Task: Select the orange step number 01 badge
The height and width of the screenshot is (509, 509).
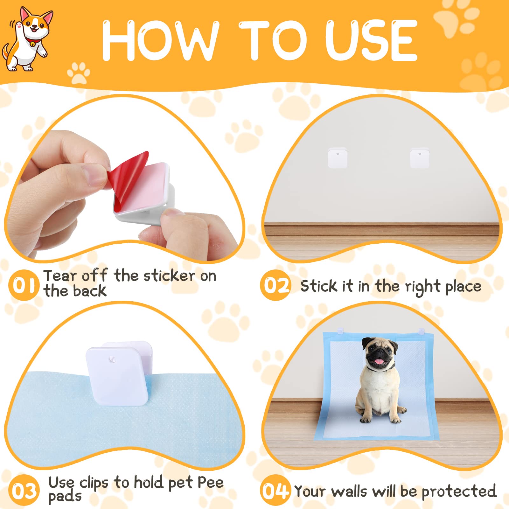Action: click(24, 285)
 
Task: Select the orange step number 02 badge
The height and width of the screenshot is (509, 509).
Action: click(275, 285)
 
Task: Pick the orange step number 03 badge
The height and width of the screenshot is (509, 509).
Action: click(24, 490)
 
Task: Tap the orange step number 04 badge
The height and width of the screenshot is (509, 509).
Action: click(275, 490)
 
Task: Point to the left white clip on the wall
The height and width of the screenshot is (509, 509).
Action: click(338, 157)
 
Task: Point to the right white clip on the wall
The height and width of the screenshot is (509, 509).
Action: click(420, 157)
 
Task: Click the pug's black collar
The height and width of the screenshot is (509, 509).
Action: click(380, 369)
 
